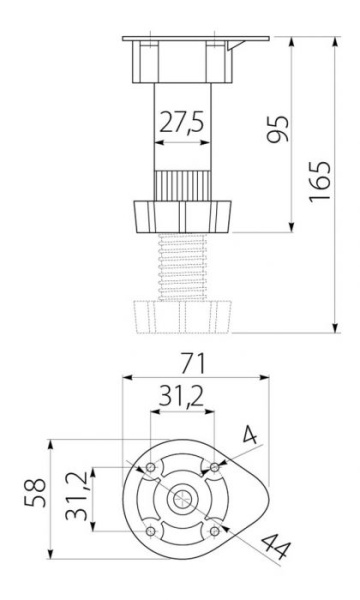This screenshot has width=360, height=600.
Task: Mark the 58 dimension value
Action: [35, 496]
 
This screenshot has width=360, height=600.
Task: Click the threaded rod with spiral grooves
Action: [181, 268]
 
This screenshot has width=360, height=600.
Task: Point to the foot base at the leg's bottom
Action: [181, 315]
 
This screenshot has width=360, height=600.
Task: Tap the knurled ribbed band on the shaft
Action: [181, 186]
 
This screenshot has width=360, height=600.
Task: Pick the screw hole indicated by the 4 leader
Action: [212, 469]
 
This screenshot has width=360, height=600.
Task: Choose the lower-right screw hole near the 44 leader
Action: [212, 531]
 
